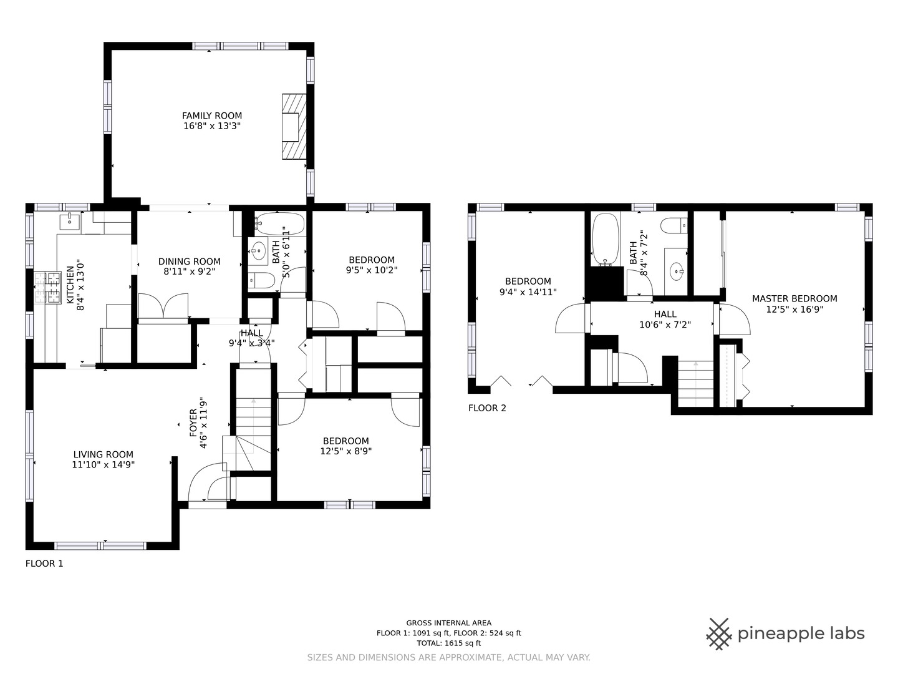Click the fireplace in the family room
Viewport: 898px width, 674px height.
click(x=294, y=127)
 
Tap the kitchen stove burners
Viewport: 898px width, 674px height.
click(x=47, y=288)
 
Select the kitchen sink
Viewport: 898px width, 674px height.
click(x=70, y=222)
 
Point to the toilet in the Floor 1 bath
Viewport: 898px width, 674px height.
click(x=261, y=280)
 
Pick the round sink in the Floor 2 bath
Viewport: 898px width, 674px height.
click(x=677, y=271)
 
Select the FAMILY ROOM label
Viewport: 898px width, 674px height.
click(x=212, y=116)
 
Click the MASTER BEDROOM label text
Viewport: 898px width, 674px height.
click(x=794, y=299)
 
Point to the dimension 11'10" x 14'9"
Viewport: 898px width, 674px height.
click(x=104, y=464)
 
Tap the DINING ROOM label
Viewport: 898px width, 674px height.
click(x=190, y=261)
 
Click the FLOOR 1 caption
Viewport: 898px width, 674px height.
click(x=44, y=564)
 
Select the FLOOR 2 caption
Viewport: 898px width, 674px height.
click(x=487, y=408)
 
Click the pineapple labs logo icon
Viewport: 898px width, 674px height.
click(x=719, y=634)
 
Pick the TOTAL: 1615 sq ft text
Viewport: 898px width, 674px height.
click(x=449, y=643)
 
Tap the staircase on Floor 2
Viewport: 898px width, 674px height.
click(x=695, y=383)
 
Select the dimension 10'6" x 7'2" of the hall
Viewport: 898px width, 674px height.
click(x=665, y=325)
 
